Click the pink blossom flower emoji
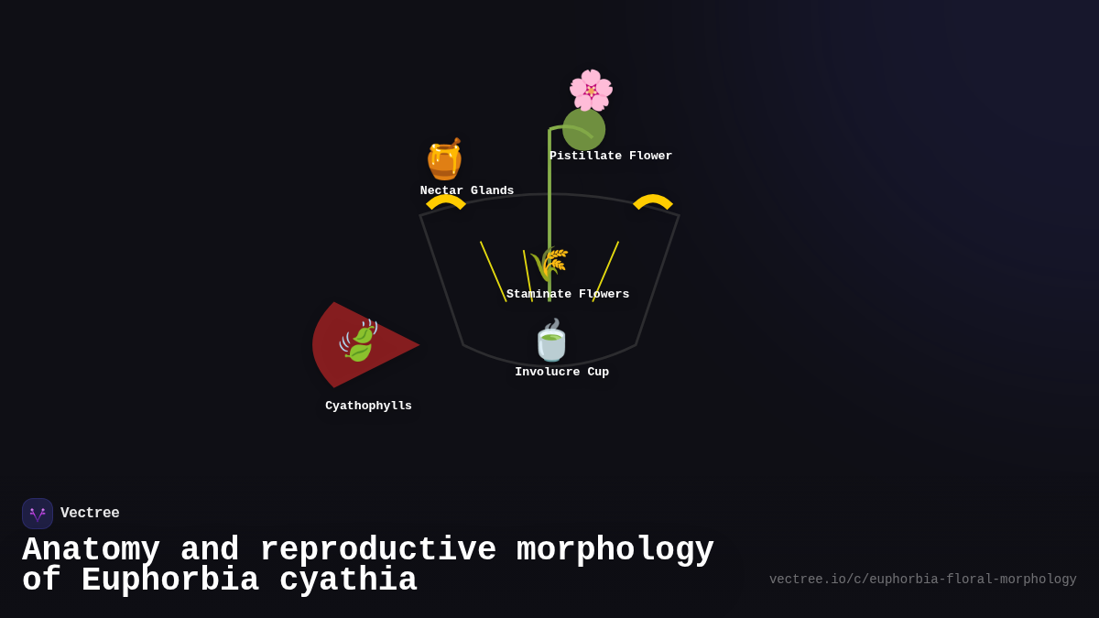(591, 90)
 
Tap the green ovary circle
(583, 129)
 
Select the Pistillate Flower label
(611, 157)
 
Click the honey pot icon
(445, 159)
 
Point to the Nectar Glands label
(467, 191)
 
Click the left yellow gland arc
(446, 200)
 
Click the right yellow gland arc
(653, 200)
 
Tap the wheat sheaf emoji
(549, 265)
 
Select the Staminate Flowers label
(568, 295)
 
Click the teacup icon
(551, 341)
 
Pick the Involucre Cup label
(561, 373)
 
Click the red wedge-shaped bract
(385, 352)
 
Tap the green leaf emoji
(358, 341)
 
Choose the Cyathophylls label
(368, 407)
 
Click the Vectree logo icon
(38, 514)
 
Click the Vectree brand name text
(90, 514)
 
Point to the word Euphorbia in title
(169, 581)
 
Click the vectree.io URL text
(922, 580)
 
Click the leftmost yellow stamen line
(493, 271)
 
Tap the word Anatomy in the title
(91, 550)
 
